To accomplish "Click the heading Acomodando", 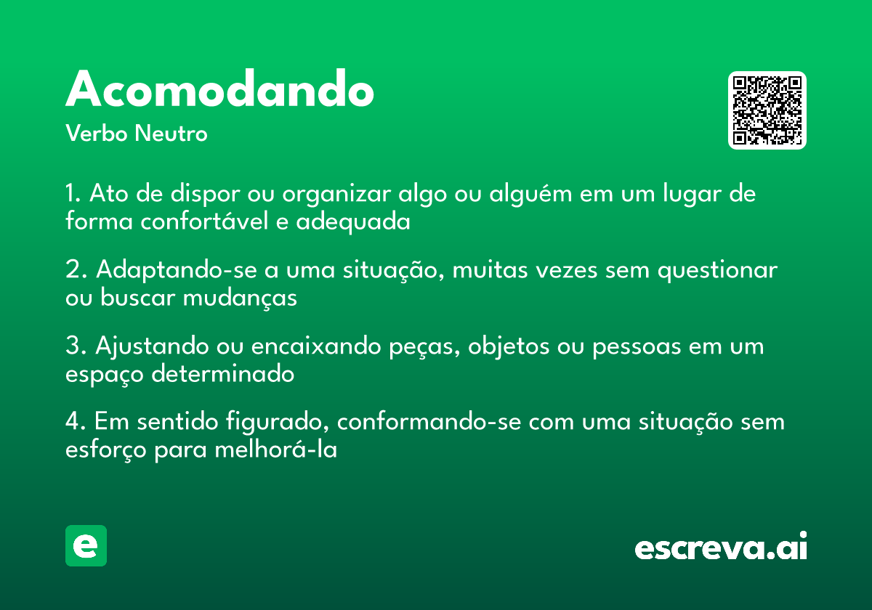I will tap(219, 90).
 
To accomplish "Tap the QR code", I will tap(767, 110).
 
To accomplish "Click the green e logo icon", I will tap(86, 545).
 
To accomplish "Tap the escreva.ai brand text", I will tap(720, 548).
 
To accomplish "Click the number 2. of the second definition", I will tap(76, 270).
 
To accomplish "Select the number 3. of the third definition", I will tap(76, 346).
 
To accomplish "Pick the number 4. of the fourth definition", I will tap(76, 422).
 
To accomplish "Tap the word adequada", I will tap(353, 221).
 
